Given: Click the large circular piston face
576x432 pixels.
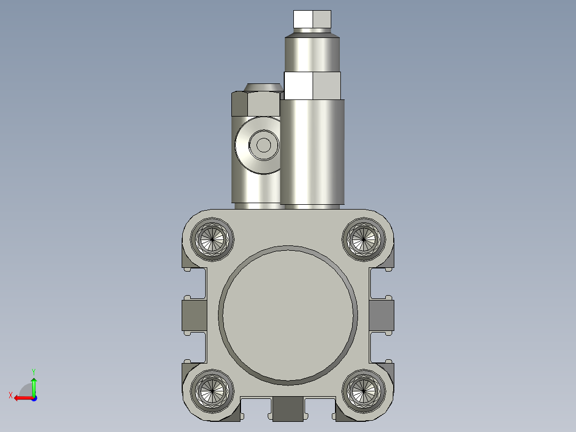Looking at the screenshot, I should [x=288, y=315].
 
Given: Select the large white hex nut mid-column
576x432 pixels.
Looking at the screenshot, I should [x=313, y=86].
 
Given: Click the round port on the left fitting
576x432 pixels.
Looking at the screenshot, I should [x=263, y=145].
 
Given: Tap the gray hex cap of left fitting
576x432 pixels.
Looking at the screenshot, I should [x=255, y=104].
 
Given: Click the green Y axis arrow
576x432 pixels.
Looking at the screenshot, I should [x=34, y=385].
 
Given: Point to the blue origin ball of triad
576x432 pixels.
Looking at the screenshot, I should [x=34, y=398].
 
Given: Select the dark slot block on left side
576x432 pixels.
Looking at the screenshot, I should [x=194, y=315].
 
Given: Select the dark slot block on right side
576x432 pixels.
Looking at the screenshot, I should [x=382, y=315].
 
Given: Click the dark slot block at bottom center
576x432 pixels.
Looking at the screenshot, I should [x=288, y=408].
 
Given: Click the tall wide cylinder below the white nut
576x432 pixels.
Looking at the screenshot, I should [x=313, y=152].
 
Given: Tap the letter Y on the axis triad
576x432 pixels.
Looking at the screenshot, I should [x=33, y=371].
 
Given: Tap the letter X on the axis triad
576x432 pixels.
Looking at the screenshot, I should [x=10, y=395].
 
